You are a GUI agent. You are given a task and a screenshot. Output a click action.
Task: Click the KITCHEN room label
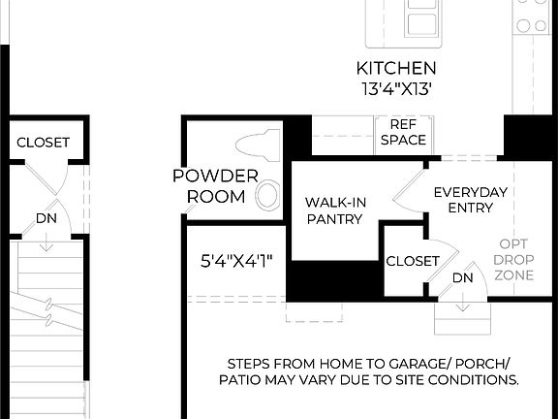coord(396,69)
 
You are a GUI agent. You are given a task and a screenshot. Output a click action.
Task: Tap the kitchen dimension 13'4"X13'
coord(396,88)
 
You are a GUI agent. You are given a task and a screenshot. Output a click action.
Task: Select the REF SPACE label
coord(402,132)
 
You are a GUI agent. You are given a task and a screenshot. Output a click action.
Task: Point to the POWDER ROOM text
coord(215,185)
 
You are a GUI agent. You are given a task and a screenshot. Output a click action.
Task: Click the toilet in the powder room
coord(255,145)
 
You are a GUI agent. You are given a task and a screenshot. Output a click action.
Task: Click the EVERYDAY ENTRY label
coord(470,201)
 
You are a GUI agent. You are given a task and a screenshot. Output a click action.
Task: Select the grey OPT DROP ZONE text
coord(512,260)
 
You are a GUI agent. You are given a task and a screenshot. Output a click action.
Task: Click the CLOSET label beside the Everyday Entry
coord(413,261)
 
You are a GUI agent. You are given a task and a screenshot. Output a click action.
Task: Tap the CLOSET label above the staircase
coord(43,143)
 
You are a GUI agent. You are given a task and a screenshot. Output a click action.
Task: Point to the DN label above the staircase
coord(46,218)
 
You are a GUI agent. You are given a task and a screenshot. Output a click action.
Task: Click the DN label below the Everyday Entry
coord(463,278)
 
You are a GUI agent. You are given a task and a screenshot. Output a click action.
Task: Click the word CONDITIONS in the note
coord(473,380)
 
